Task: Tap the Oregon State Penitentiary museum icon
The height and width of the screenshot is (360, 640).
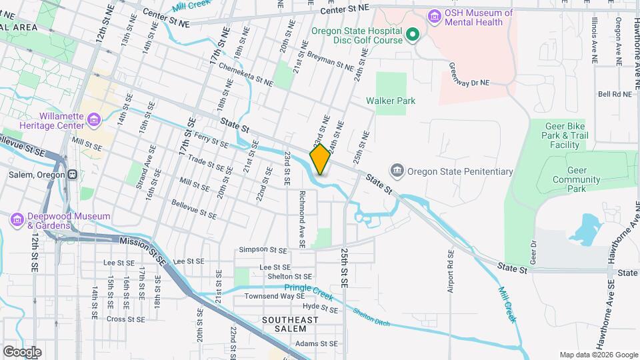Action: pyautogui.click(x=397, y=171)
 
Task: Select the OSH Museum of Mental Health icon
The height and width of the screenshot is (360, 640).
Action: pyautogui.click(x=435, y=15)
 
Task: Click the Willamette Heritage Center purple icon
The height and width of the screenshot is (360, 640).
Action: pyautogui.click(x=93, y=119)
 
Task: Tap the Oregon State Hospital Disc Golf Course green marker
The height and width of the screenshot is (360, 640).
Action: pyautogui.click(x=413, y=33)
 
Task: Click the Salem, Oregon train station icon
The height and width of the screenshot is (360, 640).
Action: pyautogui.click(x=71, y=175)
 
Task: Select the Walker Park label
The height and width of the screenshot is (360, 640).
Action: pyautogui.click(x=391, y=101)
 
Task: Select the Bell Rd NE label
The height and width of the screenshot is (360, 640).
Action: pyautogui.click(x=615, y=95)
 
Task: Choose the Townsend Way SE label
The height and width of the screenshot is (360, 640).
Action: pyautogui.click(x=269, y=296)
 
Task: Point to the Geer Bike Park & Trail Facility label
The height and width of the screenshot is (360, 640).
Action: pyautogui.click(x=565, y=135)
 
